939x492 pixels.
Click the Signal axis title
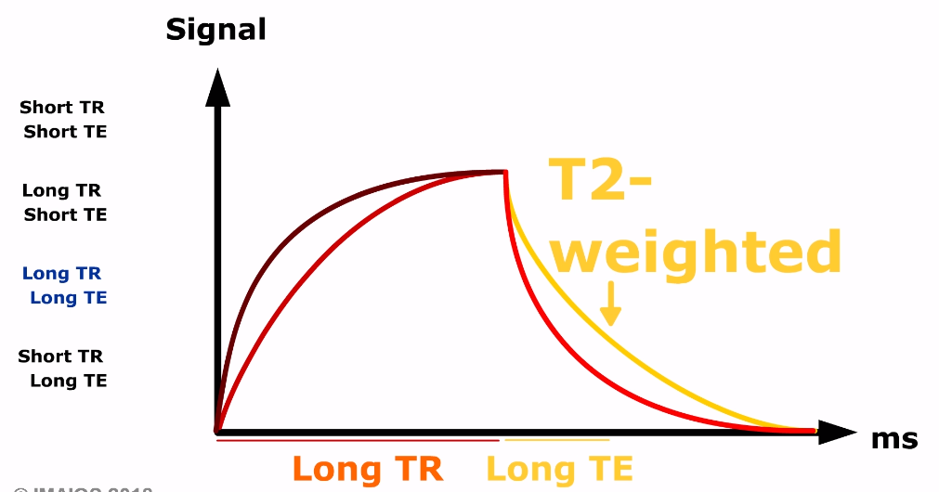(x=215, y=30)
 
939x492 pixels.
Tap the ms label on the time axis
(x=893, y=439)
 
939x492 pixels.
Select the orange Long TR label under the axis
(x=368, y=469)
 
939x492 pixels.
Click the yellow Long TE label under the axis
(x=559, y=469)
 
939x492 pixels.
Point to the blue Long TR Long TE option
(x=63, y=286)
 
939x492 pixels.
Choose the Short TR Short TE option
(x=63, y=120)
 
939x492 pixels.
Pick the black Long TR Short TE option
(x=63, y=202)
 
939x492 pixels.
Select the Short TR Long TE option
(x=63, y=369)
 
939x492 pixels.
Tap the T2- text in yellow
(x=600, y=181)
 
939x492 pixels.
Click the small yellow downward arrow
(x=609, y=306)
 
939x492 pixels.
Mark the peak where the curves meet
(x=504, y=172)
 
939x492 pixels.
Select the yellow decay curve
(x=650, y=353)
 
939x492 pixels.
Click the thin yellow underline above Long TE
(x=557, y=440)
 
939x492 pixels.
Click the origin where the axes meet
(x=217, y=431)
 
